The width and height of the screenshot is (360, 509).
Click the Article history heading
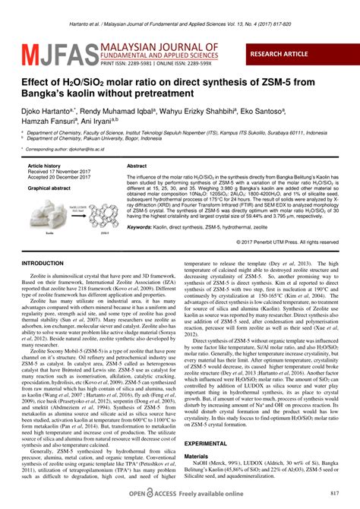pyautogui.click(x=43, y=165)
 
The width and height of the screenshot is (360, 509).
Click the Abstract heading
pyautogui.click(x=137, y=165)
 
